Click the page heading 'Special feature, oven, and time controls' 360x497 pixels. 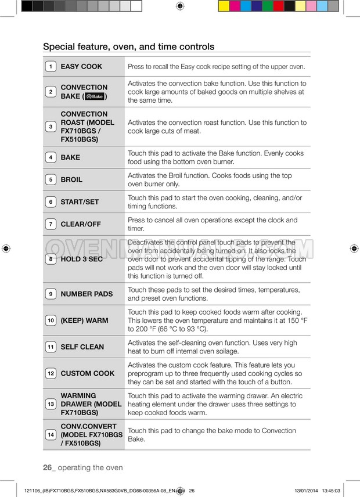pyautogui.click(x=128, y=46)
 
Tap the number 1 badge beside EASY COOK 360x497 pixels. pyautogui.click(x=51, y=67)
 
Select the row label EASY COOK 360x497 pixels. pyautogui.click(x=81, y=67)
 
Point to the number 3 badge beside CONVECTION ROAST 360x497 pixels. pyautogui.click(x=51, y=127)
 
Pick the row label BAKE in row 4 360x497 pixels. pyautogui.click(x=70, y=157)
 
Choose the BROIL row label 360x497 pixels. pyautogui.click(x=71, y=180)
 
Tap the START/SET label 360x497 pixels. pyautogui.click(x=80, y=202)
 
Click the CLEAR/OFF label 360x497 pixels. pyautogui.click(x=81, y=224)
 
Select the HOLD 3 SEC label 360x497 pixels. pyautogui.click(x=81, y=259)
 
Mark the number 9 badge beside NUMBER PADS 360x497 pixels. pyautogui.click(x=51, y=294)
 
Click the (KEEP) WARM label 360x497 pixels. pyautogui.click(x=84, y=320)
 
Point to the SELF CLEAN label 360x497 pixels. pyautogui.click(x=82, y=347)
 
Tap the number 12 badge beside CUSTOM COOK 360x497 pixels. pyautogui.click(x=51, y=373)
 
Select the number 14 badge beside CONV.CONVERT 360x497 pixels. pyautogui.click(x=51, y=435)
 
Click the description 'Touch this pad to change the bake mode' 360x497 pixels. pyautogui.click(x=212, y=435)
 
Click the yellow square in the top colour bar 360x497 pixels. pyautogui.click(x=224, y=6)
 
